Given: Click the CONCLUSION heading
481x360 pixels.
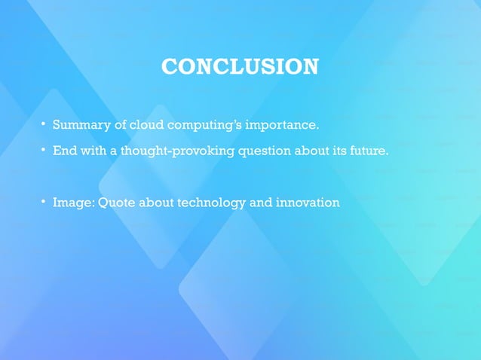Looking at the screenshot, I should point(240,66).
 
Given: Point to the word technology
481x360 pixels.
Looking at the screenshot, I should point(213,203).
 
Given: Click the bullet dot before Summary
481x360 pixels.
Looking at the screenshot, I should point(44,124).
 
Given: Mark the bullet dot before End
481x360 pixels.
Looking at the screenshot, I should point(44,150).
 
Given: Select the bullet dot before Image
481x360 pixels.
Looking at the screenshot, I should point(44,202).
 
